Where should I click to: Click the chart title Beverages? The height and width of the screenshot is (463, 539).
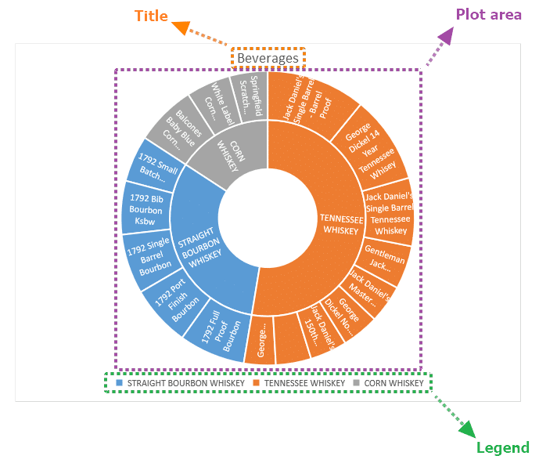pos(268,58)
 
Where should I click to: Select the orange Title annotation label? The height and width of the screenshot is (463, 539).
pos(151,16)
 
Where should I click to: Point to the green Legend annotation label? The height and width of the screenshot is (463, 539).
pos(502,447)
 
